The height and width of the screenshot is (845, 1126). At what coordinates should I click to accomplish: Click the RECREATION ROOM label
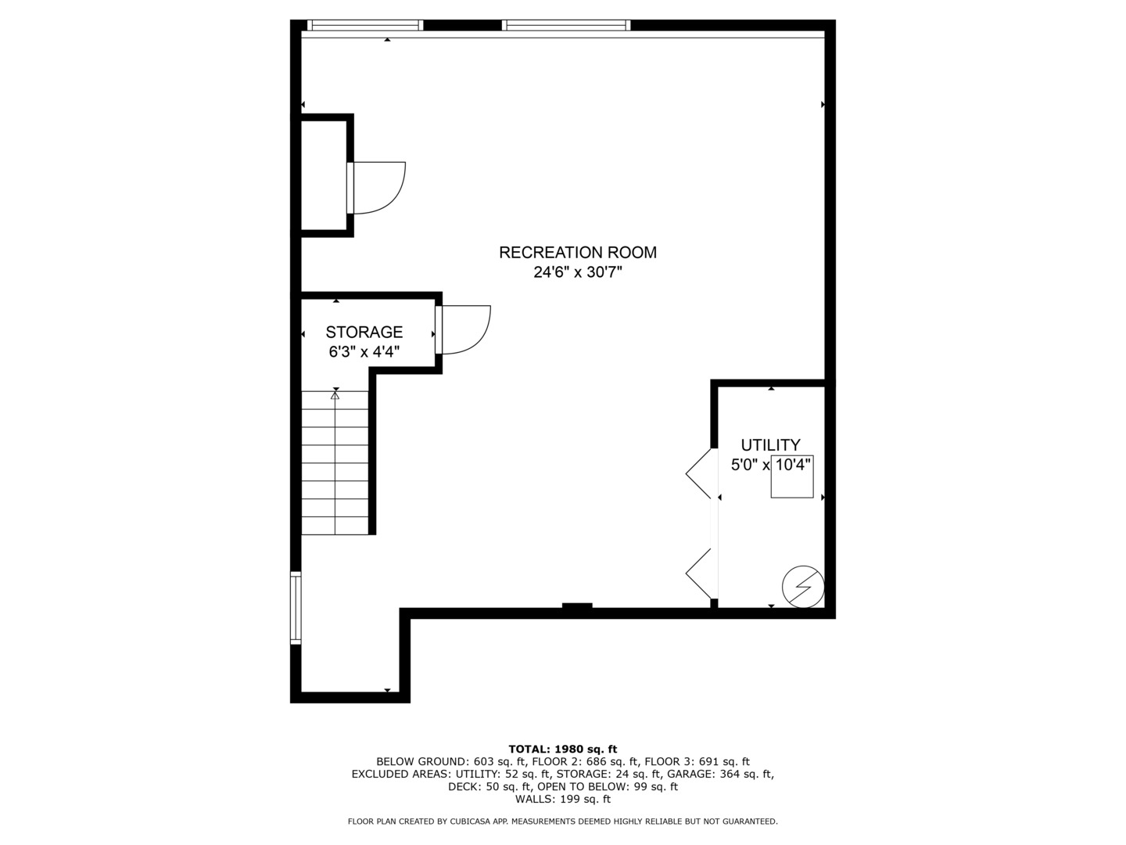click(578, 253)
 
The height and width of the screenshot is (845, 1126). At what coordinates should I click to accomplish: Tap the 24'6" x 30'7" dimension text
click(578, 273)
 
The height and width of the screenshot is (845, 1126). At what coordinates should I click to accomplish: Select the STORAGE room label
click(364, 333)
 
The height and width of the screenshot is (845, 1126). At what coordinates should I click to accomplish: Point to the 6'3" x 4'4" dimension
click(364, 352)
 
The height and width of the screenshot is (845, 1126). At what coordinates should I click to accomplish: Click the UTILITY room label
click(770, 445)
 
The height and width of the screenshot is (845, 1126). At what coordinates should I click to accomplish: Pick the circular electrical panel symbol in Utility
click(804, 587)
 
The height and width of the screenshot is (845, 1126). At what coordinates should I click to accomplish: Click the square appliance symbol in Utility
click(791, 476)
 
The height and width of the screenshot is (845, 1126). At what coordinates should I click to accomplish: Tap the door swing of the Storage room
click(464, 329)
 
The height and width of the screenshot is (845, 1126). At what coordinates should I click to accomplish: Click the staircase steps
click(335, 469)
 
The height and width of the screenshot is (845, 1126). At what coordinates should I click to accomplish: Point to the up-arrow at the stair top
click(335, 396)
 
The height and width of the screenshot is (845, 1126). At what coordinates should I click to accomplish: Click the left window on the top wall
click(365, 25)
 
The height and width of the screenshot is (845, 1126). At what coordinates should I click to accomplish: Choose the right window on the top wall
click(566, 25)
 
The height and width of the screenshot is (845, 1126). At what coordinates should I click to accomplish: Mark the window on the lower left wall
click(296, 608)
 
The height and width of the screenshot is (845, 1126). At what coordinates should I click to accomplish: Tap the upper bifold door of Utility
click(701, 473)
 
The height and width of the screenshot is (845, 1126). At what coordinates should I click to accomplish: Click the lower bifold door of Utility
click(701, 574)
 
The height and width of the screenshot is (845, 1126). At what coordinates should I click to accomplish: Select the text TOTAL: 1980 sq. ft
click(562, 749)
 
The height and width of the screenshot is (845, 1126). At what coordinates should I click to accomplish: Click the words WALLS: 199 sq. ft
click(562, 799)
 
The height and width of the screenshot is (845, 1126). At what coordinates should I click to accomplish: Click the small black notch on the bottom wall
click(577, 606)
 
